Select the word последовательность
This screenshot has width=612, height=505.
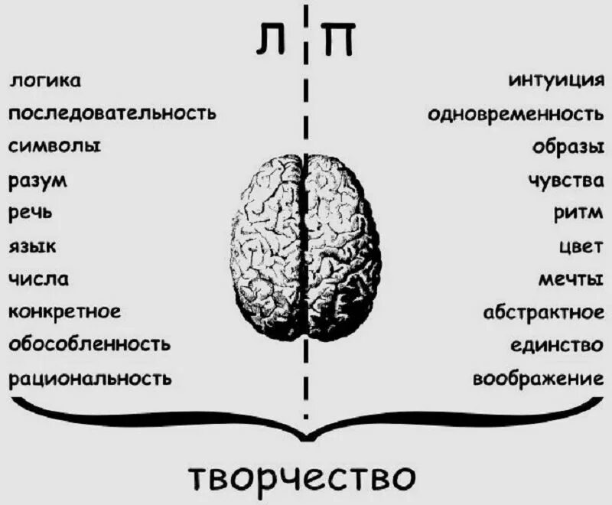click(112, 114)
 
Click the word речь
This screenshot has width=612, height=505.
click(31, 213)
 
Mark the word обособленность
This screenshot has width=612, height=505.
click(90, 344)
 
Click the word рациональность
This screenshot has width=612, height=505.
click(90, 378)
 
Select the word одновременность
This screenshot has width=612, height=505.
click(516, 115)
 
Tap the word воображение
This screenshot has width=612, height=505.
click(533, 378)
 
